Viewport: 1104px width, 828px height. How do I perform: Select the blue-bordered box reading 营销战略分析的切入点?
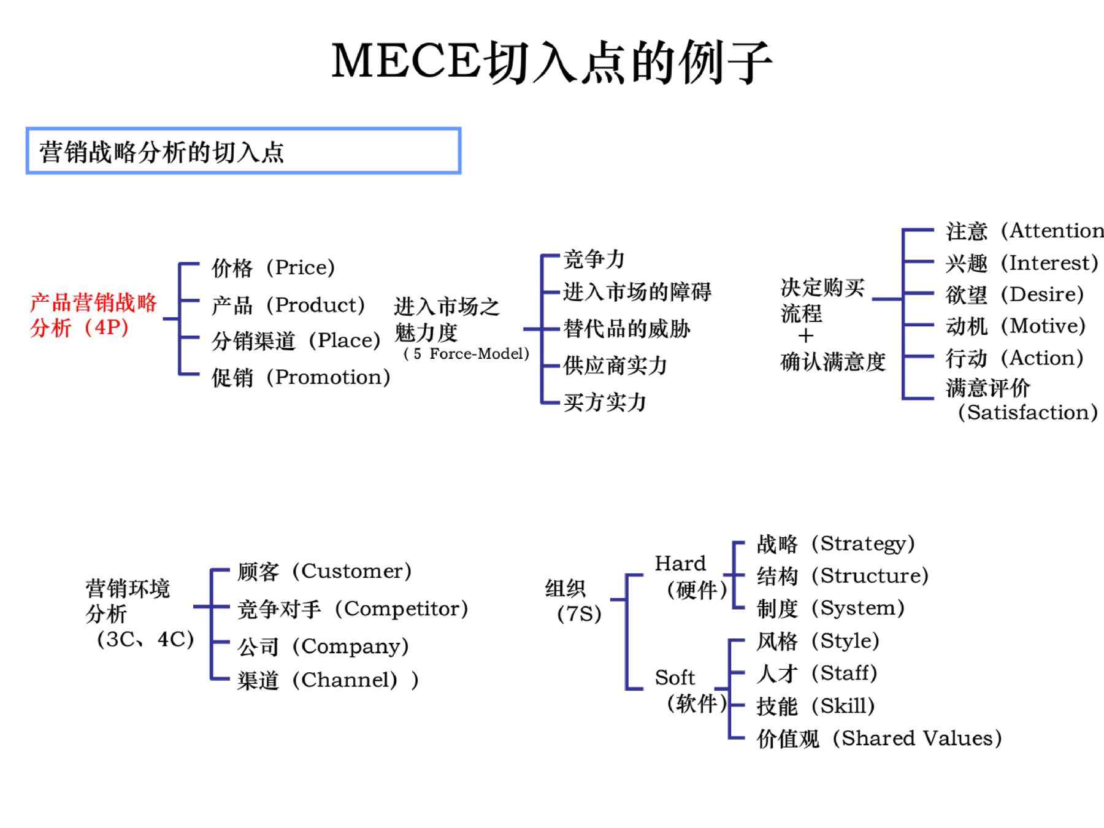point(243,151)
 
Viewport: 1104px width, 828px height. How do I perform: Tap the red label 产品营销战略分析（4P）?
point(93,315)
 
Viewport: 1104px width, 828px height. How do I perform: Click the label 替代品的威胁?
point(627,329)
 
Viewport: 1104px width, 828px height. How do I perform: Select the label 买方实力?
point(605,402)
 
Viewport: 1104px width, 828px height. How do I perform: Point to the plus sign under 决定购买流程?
point(806,336)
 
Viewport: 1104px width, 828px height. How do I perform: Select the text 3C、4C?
point(145,639)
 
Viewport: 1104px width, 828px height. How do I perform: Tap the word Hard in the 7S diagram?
point(680,563)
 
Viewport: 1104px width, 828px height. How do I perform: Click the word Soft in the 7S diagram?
point(675,678)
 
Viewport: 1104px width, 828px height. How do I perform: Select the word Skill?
point(843,706)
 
